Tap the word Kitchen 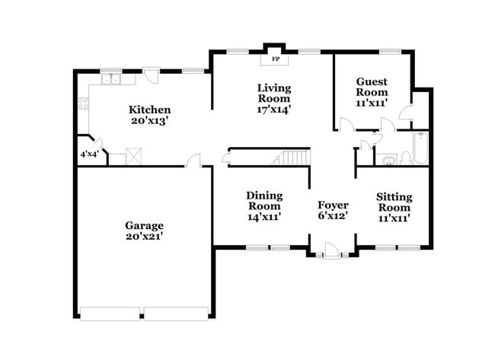pos(149,110)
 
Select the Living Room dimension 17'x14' pos(273,110)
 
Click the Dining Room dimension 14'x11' pos(264,216)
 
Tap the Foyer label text pos(333,205)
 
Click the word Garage pos(145,225)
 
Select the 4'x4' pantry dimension pos(89,154)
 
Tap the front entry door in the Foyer pos(331,250)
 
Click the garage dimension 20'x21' pos(145,237)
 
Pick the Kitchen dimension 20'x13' pos(149,120)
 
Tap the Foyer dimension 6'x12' pos(333,217)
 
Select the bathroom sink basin pos(388,160)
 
